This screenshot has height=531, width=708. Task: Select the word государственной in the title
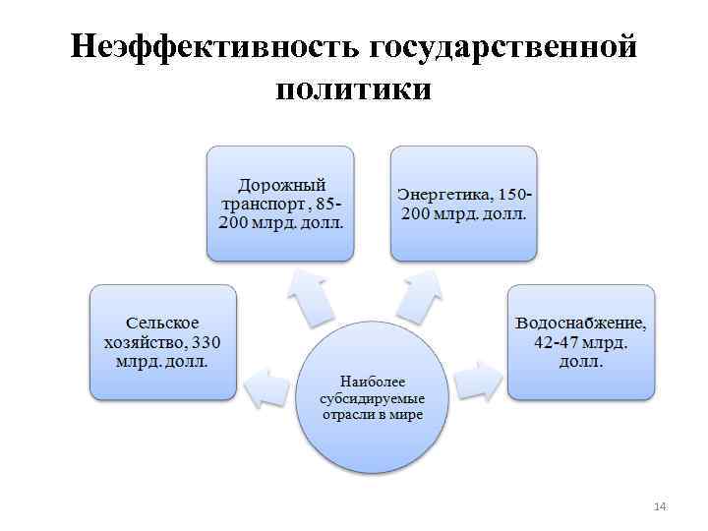[x=501, y=47]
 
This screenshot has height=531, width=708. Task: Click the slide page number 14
[x=660, y=505]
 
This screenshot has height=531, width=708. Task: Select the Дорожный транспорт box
[x=280, y=203]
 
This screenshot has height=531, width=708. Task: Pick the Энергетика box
[x=464, y=203]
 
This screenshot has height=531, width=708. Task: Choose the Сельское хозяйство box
[x=163, y=341]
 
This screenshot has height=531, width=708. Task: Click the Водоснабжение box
[x=580, y=341]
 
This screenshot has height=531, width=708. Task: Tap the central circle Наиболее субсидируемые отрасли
[x=371, y=397]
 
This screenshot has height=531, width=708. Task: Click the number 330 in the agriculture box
[x=206, y=342]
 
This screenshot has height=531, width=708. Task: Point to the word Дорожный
[x=280, y=185]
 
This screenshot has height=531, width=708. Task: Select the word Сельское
[x=163, y=324]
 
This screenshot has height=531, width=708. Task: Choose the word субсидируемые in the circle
[x=371, y=397]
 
